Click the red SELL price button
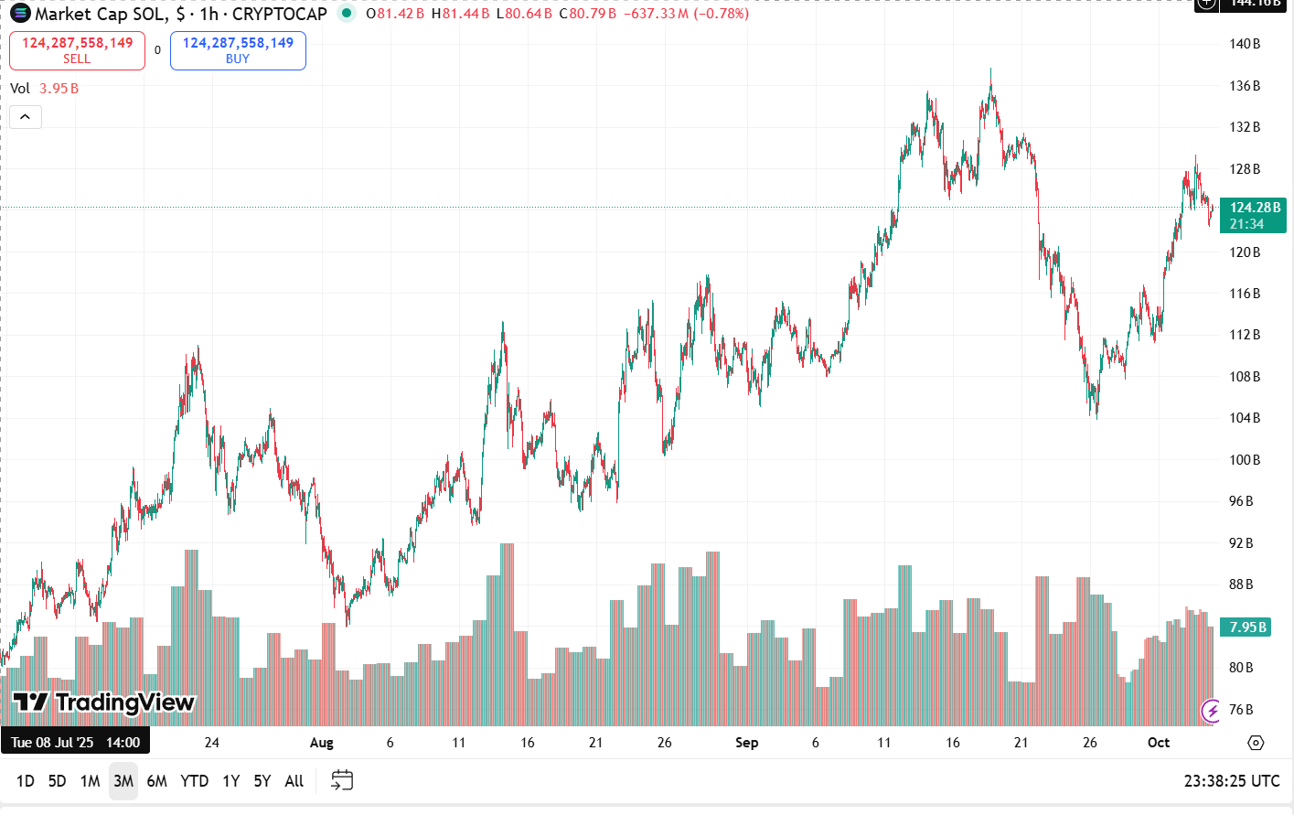point(77,50)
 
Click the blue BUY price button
point(238,50)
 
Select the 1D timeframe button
point(26,781)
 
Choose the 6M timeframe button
point(157,781)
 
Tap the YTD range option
point(194,781)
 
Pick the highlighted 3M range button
point(123,781)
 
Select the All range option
point(294,781)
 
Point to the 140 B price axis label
point(1245,44)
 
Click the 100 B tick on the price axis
point(1245,460)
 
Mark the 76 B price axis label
point(1241,710)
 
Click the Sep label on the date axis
point(746,743)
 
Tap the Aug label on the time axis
point(321,743)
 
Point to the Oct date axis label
point(1159,743)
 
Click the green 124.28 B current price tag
point(1253,215)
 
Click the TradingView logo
point(103,702)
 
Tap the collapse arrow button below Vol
point(26,117)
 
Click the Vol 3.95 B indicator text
point(44,89)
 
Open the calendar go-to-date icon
point(342,780)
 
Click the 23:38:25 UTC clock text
point(1232,781)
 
